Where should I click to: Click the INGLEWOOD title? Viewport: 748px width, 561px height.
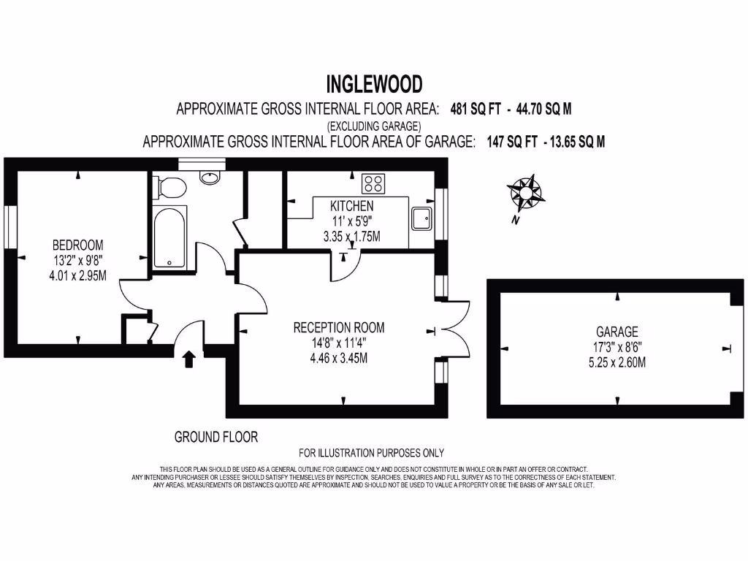[x=373, y=84]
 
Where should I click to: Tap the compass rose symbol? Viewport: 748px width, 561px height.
[x=525, y=193]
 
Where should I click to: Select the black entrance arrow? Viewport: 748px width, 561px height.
[x=188, y=358]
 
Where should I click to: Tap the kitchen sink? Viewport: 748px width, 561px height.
[x=421, y=218]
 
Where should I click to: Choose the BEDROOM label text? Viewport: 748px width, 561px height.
[x=77, y=245]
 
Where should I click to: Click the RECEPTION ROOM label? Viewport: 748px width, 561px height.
[x=338, y=327]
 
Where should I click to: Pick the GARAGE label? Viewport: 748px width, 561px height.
[x=617, y=332]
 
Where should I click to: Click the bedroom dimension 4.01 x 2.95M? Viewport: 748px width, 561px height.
[x=77, y=275]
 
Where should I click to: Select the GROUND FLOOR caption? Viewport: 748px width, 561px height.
[x=215, y=437]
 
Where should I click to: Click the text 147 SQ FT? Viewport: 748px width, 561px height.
[x=511, y=142]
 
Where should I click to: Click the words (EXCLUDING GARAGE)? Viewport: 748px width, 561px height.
[x=373, y=126]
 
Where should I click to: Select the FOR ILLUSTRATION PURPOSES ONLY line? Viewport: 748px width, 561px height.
[x=371, y=453]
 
